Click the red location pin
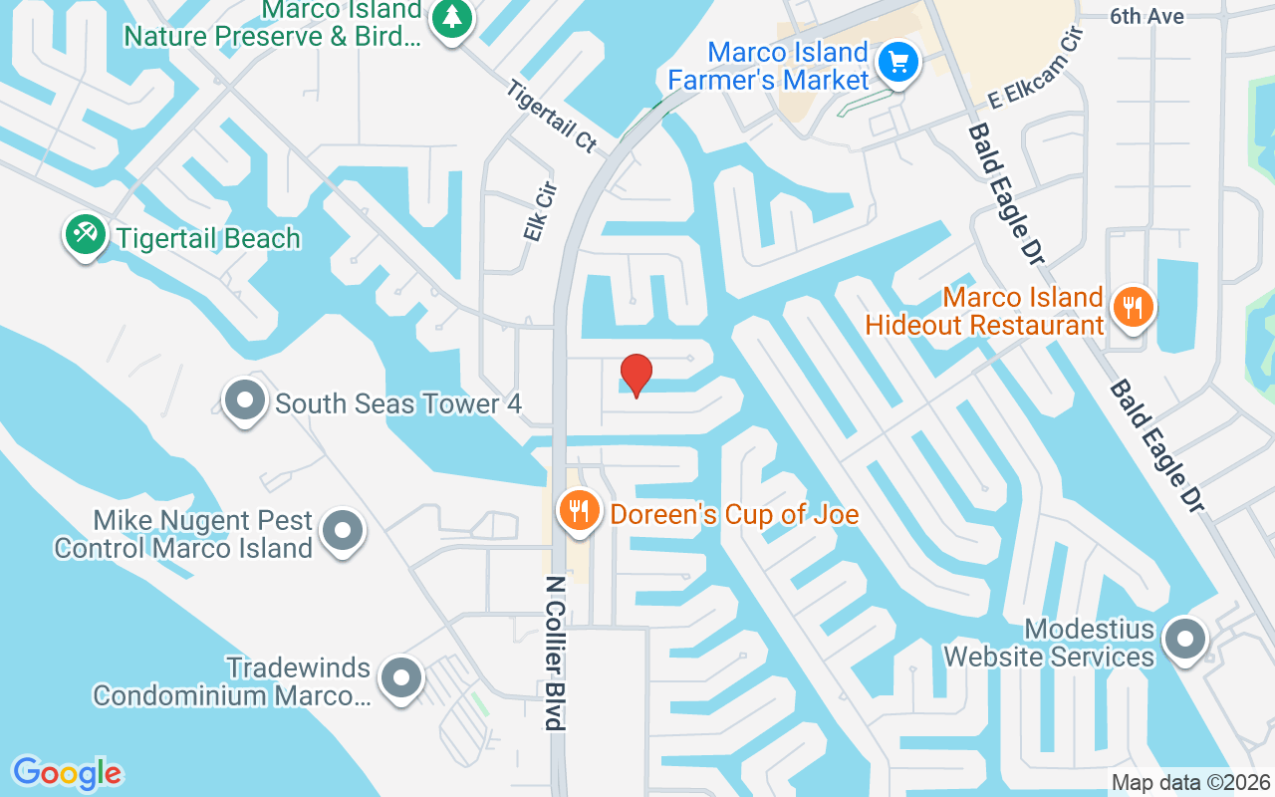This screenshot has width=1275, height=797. (636, 375)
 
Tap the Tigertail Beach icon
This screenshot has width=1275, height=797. (86, 235)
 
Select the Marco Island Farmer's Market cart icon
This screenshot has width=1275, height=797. (898, 64)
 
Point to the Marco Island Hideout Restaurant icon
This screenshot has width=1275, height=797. (1133, 307)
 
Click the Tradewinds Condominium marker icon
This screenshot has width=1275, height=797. (402, 678)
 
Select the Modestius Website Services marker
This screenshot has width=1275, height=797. (1185, 640)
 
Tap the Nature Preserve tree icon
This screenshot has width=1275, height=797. (452, 18)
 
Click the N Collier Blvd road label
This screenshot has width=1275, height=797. (556, 653)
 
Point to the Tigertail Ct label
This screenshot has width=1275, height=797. (551, 117)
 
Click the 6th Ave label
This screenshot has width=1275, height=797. (1147, 16)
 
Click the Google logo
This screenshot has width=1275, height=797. (67, 773)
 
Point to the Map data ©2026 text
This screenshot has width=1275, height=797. (1190, 782)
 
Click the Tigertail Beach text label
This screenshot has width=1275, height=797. (208, 239)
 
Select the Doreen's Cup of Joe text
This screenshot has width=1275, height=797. (734, 514)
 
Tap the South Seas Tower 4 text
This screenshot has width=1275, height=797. (398, 403)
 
